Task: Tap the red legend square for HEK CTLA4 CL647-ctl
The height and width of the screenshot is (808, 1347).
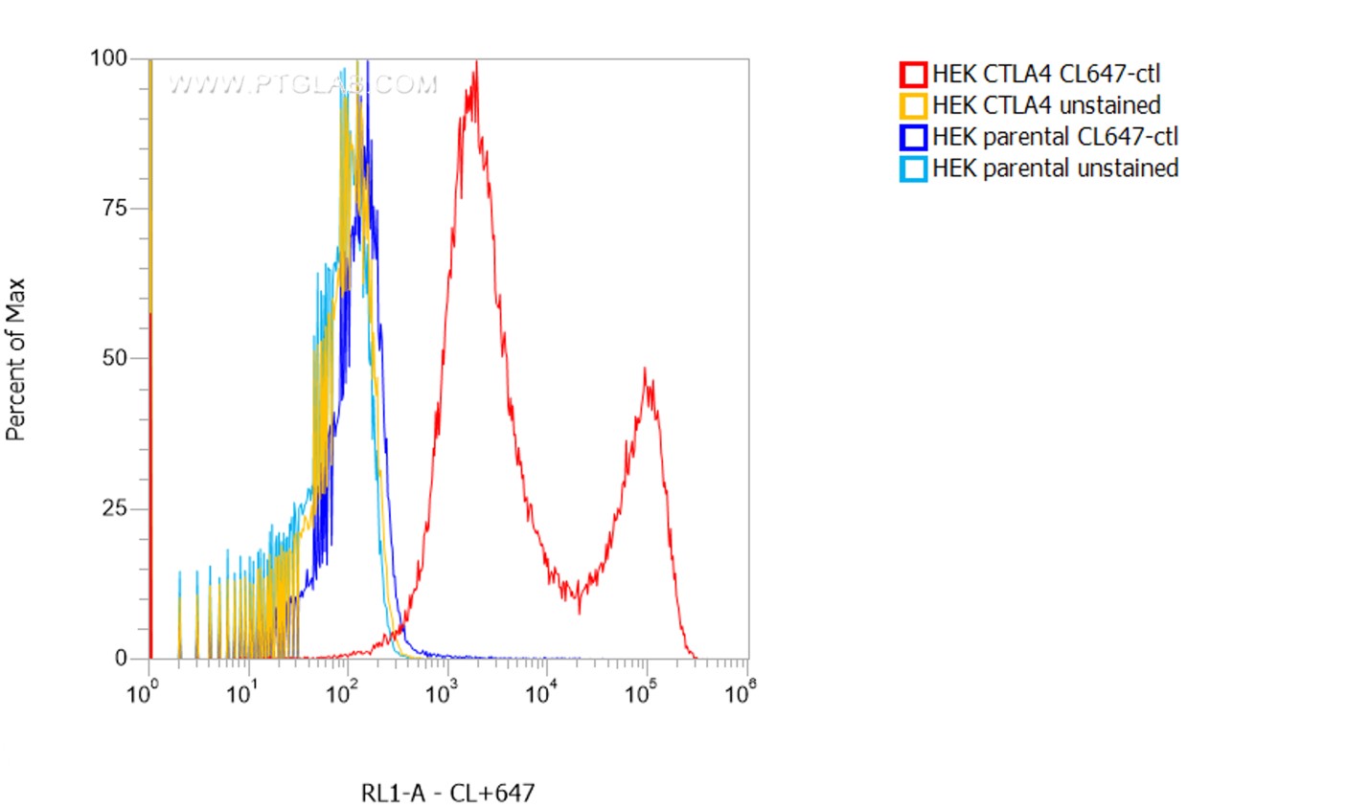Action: pos(913,75)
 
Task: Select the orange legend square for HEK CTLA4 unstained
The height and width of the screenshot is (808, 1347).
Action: pos(913,105)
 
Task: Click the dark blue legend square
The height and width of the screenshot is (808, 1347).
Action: pos(913,137)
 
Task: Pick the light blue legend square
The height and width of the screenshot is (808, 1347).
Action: pos(913,168)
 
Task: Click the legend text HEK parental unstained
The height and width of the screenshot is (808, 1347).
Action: pos(1055,168)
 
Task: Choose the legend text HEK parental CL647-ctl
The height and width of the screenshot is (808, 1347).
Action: pos(1055,137)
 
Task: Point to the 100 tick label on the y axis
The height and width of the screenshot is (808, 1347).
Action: pos(108,58)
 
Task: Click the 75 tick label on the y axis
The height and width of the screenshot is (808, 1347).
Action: pos(114,209)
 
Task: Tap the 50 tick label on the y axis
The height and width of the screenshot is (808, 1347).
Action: pos(114,359)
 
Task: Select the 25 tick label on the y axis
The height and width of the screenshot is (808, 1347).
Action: pos(114,508)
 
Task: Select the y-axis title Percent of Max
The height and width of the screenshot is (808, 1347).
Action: pos(14,359)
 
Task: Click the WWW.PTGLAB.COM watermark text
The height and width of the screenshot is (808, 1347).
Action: pos(302,84)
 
